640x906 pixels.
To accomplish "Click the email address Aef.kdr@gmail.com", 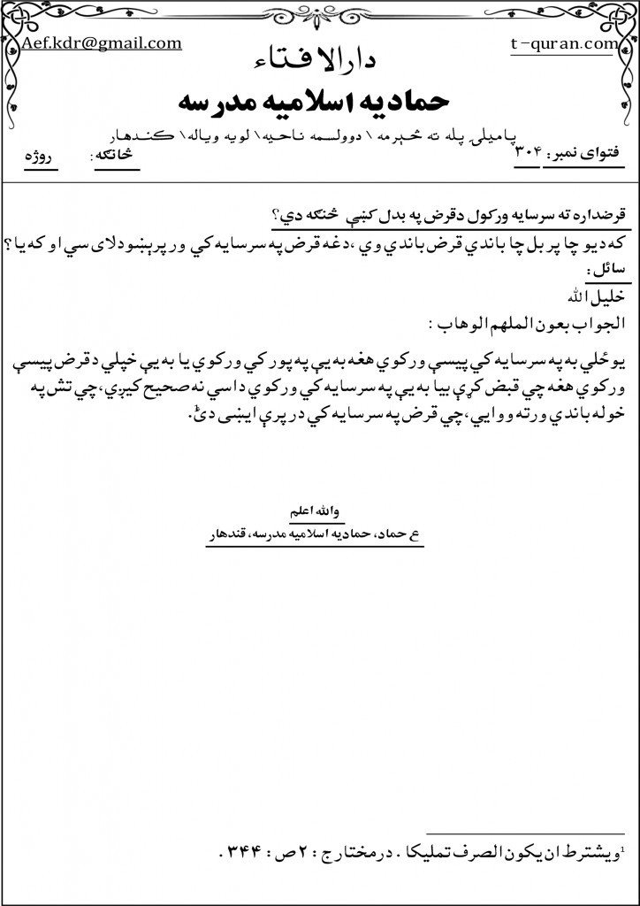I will [x=102, y=43].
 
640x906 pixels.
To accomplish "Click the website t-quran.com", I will [x=563, y=43].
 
